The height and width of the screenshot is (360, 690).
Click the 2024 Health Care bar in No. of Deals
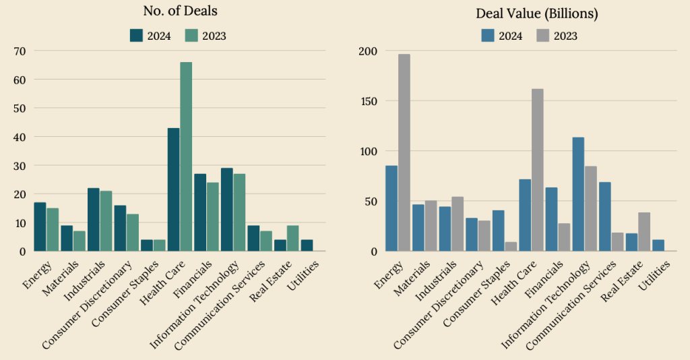click(173, 189)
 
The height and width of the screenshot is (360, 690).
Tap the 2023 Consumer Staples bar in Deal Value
click(511, 247)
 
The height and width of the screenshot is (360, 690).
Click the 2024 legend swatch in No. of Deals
click(136, 36)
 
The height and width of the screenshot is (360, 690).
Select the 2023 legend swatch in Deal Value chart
click(542, 36)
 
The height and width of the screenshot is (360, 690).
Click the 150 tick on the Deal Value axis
click(368, 101)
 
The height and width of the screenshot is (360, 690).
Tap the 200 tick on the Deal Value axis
click(368, 51)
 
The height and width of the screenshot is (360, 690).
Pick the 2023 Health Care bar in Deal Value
click(538, 170)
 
